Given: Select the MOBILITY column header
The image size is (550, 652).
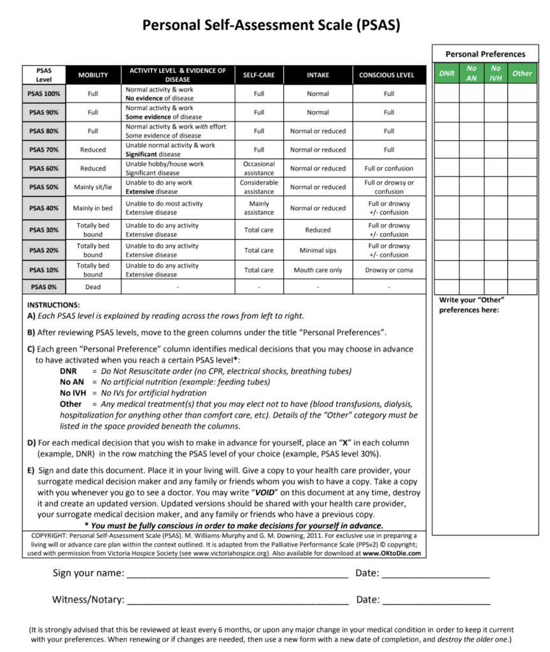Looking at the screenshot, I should pyautogui.click(x=93, y=75).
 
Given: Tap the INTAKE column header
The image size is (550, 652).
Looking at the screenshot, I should pyautogui.click(x=318, y=75).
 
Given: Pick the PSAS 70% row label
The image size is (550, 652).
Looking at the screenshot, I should pyautogui.click(x=45, y=150).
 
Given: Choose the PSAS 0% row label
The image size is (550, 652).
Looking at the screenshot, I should pyautogui.click(x=45, y=287).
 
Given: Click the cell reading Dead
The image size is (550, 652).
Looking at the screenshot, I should pyautogui.click(x=93, y=287).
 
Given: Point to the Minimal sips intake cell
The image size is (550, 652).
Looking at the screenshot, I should pyautogui.click(x=318, y=250).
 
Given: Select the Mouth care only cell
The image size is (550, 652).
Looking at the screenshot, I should pyautogui.click(x=318, y=270).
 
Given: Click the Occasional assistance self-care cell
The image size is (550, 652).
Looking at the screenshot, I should pyautogui.click(x=259, y=168).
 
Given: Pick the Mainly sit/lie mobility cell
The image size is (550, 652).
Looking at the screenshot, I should pyautogui.click(x=93, y=187).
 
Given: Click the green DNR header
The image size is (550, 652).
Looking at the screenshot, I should pyautogui.click(x=447, y=73).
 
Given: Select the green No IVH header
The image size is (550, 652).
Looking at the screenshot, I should pyautogui.click(x=496, y=73).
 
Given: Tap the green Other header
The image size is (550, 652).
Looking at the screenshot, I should pyautogui.click(x=522, y=73).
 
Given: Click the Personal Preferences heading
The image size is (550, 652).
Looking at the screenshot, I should pyautogui.click(x=485, y=54).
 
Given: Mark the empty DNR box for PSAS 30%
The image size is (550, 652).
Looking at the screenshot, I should pyautogui.click(x=447, y=230).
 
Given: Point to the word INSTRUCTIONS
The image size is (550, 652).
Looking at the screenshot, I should pyautogui.click(x=53, y=305).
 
